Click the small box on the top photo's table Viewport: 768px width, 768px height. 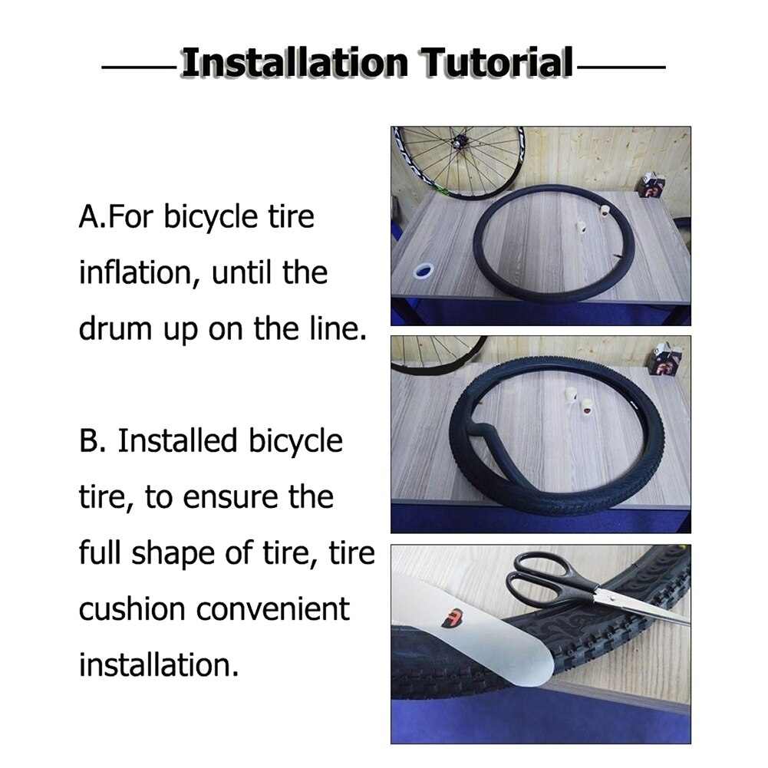click(653, 185)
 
